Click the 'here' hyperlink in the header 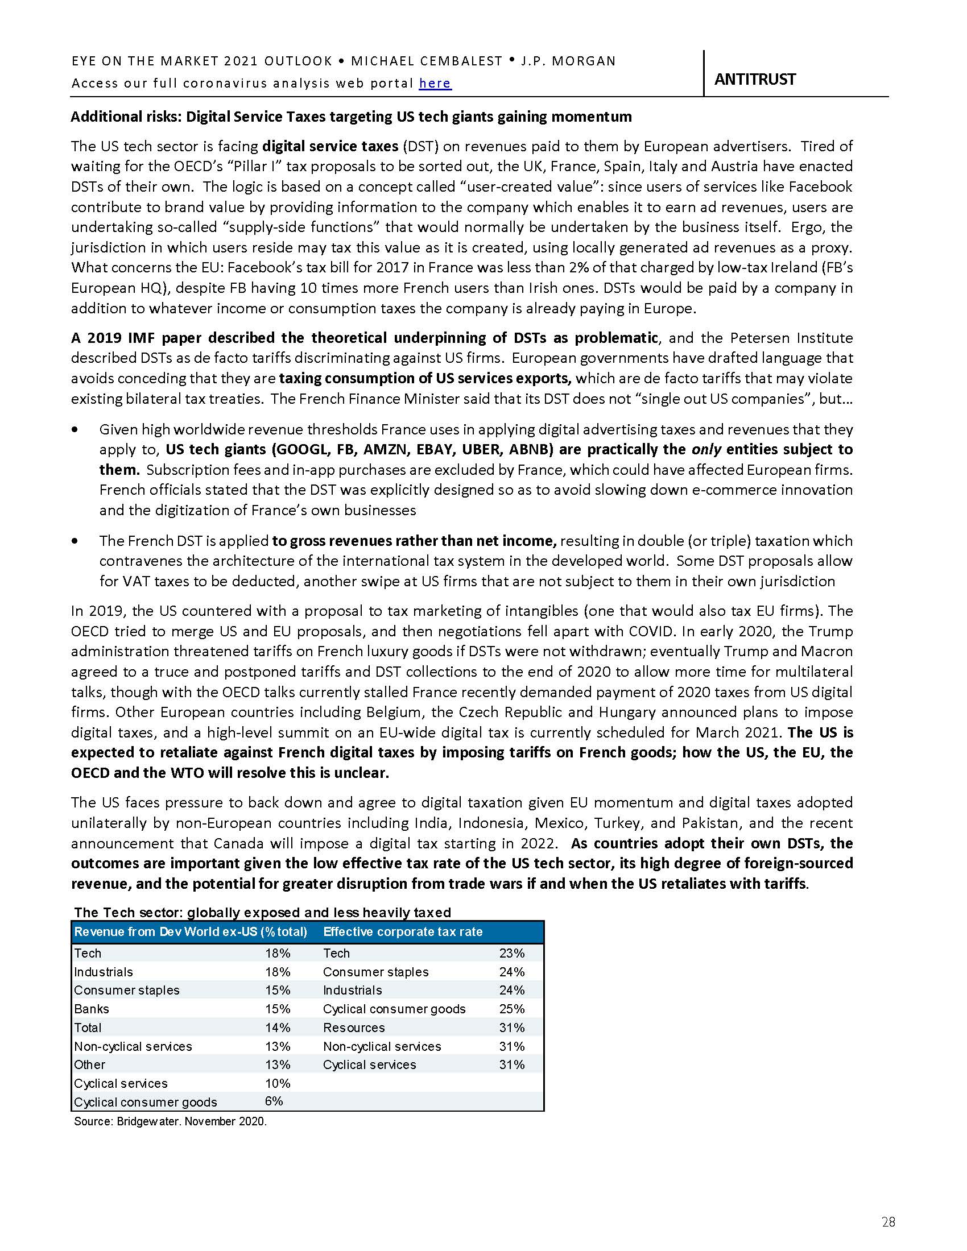[435, 84]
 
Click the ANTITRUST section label [754, 79]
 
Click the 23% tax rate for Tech [511, 953]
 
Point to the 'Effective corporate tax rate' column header [403, 931]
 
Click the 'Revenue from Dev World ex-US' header [190, 931]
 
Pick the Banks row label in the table [91, 1009]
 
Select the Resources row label [353, 1027]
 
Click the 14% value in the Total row [277, 1027]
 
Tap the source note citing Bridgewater [170, 1121]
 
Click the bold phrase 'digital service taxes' [330, 146]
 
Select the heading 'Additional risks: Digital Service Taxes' [350, 117]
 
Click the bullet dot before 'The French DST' [75, 541]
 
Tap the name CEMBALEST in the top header [456, 61]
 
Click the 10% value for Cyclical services [277, 1083]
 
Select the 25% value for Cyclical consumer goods [511, 1009]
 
